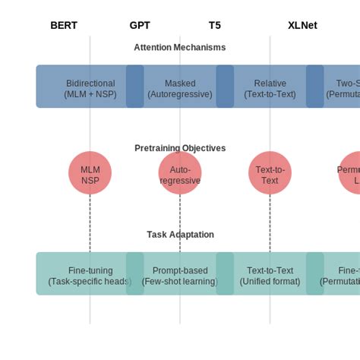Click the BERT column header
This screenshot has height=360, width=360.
point(64,25)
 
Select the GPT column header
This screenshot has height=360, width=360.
point(140,25)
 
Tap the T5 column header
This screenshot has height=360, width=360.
point(215,25)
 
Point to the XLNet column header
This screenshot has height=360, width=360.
point(302,25)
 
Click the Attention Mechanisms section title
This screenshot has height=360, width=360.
point(180,47)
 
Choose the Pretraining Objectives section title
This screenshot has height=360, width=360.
point(180,148)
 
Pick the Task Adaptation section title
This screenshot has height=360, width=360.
point(180,235)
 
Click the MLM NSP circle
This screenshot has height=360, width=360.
point(90,173)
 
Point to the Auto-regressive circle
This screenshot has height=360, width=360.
point(180,173)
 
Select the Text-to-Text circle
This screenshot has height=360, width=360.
point(270,173)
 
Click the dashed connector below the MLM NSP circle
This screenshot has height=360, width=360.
point(90,223)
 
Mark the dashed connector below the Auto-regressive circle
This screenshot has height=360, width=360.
point(180,223)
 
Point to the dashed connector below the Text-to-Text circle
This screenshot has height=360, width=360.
point(270,223)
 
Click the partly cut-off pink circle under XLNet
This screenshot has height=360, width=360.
point(350,173)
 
